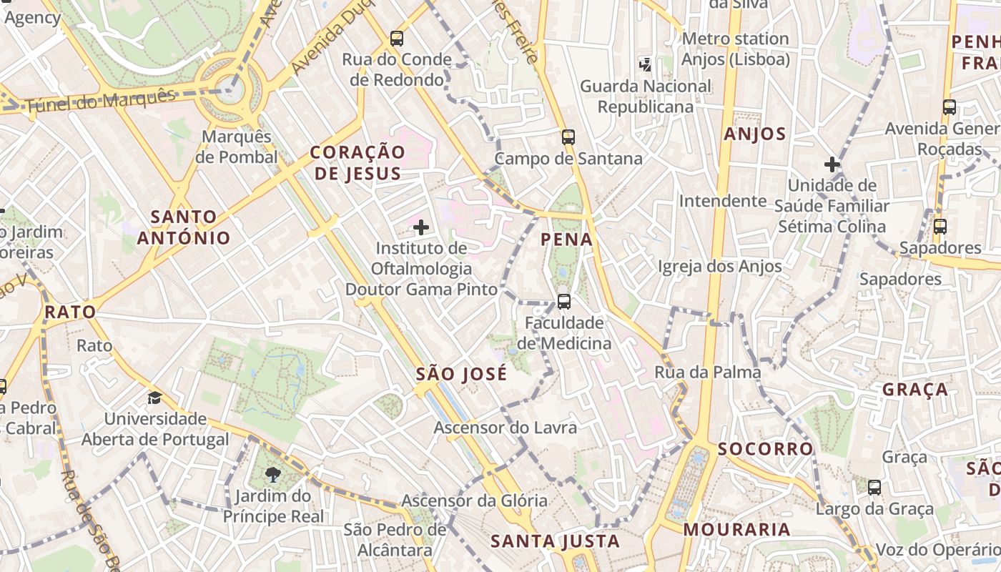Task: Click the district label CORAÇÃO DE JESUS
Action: coord(357,162)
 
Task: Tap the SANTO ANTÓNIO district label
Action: coord(184,227)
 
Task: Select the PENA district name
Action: coord(567,239)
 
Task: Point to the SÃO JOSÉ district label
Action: coord(462,373)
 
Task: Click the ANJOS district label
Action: coord(754,134)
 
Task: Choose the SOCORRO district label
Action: coord(766,449)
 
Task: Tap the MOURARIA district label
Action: coord(737,530)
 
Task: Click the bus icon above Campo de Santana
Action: coord(568,137)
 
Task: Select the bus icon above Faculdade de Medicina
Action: coord(564,302)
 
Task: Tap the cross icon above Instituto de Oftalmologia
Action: coord(421,228)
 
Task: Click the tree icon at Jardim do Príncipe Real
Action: coord(272,474)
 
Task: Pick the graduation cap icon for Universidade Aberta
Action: coord(154,398)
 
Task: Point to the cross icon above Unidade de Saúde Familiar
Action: coord(832,164)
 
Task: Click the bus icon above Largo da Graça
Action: coord(874,488)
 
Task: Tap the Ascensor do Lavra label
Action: coord(506,428)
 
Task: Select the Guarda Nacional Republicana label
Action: coord(646,97)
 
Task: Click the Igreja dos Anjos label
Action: coord(720,267)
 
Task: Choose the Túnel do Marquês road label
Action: coord(101,102)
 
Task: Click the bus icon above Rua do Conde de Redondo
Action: coord(397,39)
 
